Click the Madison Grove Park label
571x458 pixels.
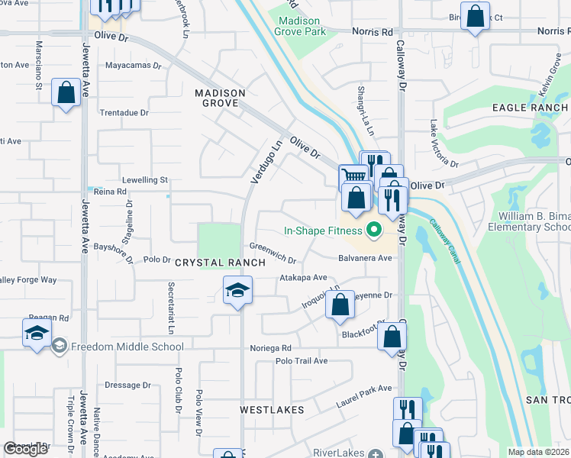(x=302, y=26)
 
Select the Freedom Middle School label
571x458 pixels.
(x=127, y=347)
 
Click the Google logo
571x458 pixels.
(x=25, y=449)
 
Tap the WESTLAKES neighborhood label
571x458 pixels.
(x=272, y=410)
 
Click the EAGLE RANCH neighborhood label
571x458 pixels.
(x=531, y=108)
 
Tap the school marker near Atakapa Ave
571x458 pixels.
(x=238, y=290)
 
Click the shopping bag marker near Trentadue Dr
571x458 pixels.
(x=66, y=93)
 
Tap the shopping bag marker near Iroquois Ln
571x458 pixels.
(x=339, y=305)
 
